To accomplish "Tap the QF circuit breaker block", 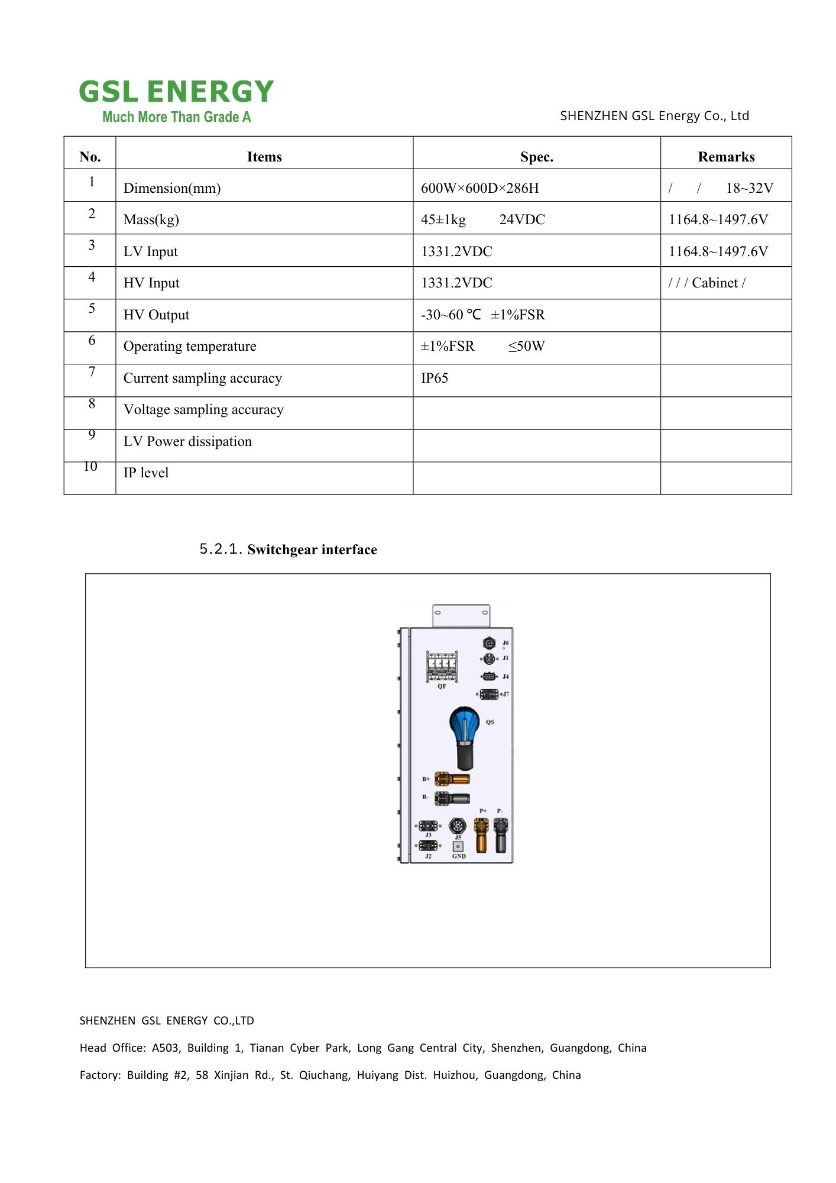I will click(442, 667).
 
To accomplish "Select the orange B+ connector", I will click(452, 778).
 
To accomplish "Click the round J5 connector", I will click(458, 825).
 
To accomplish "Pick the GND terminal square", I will click(458, 846).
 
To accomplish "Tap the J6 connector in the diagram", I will click(489, 642).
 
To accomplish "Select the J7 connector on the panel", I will click(489, 694).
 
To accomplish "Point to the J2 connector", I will click(427, 846).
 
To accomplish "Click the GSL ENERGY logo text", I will click(176, 92).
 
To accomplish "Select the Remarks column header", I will click(726, 157).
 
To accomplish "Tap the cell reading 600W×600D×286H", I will click(479, 188).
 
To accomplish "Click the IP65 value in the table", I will click(435, 378).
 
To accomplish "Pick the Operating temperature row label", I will click(190, 346).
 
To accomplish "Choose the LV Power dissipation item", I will click(187, 441).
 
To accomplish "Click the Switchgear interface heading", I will click(312, 550).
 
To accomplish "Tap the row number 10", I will click(90, 467).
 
